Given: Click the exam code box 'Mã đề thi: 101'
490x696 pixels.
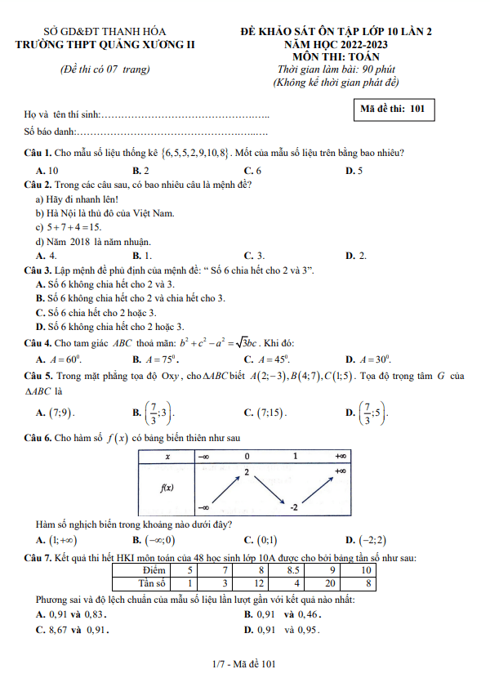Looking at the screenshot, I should point(394,109).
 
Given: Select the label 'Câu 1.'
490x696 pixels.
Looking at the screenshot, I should point(38,154).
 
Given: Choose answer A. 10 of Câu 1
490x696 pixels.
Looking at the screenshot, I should point(47,170).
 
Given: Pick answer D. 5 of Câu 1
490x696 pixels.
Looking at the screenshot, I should point(354,170).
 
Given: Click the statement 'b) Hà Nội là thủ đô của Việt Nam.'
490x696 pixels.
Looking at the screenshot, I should point(105,212).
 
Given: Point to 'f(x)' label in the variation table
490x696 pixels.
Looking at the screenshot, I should point(166,489).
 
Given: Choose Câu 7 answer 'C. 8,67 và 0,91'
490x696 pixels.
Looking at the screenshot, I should point(72,629).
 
